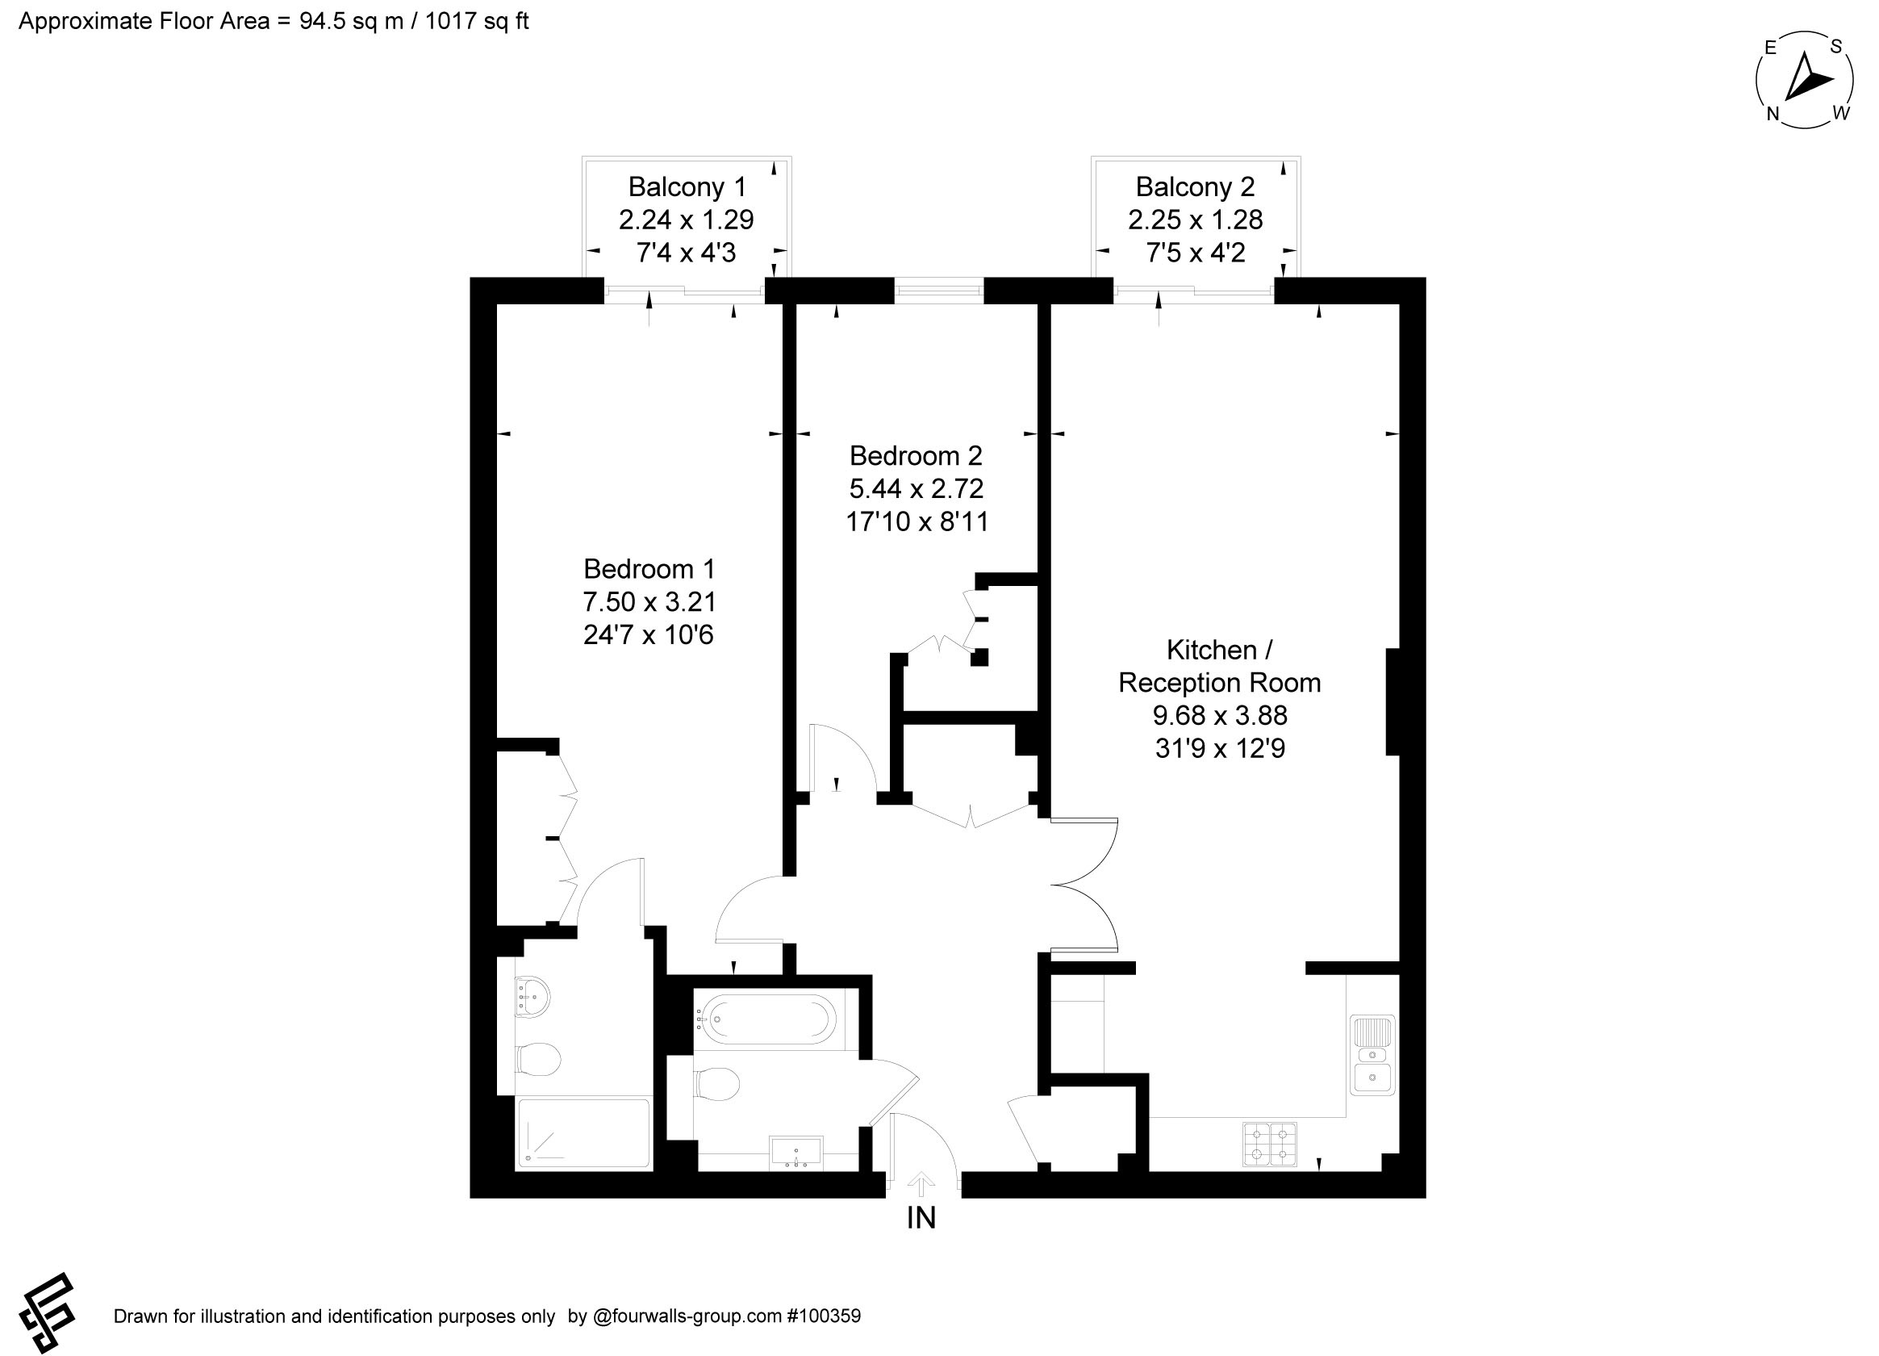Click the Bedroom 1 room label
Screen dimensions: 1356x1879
click(x=648, y=568)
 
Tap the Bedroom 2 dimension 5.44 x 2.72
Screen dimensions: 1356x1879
click(x=916, y=488)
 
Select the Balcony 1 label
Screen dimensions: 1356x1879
click(x=687, y=187)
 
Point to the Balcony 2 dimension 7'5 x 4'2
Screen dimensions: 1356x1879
click(x=1195, y=252)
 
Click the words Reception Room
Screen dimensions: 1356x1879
click(x=1219, y=682)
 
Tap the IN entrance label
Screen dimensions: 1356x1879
click(x=921, y=1218)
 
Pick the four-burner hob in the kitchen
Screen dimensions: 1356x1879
click(x=1268, y=1144)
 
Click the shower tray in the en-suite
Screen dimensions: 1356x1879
click(x=584, y=1133)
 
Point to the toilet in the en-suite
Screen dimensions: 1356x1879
click(x=537, y=1058)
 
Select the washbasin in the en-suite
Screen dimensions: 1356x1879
click(x=532, y=994)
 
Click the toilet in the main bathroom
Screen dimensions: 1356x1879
click(x=716, y=1083)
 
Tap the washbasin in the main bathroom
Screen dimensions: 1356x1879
click(x=796, y=1152)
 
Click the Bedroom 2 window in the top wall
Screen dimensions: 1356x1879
click(x=938, y=290)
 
